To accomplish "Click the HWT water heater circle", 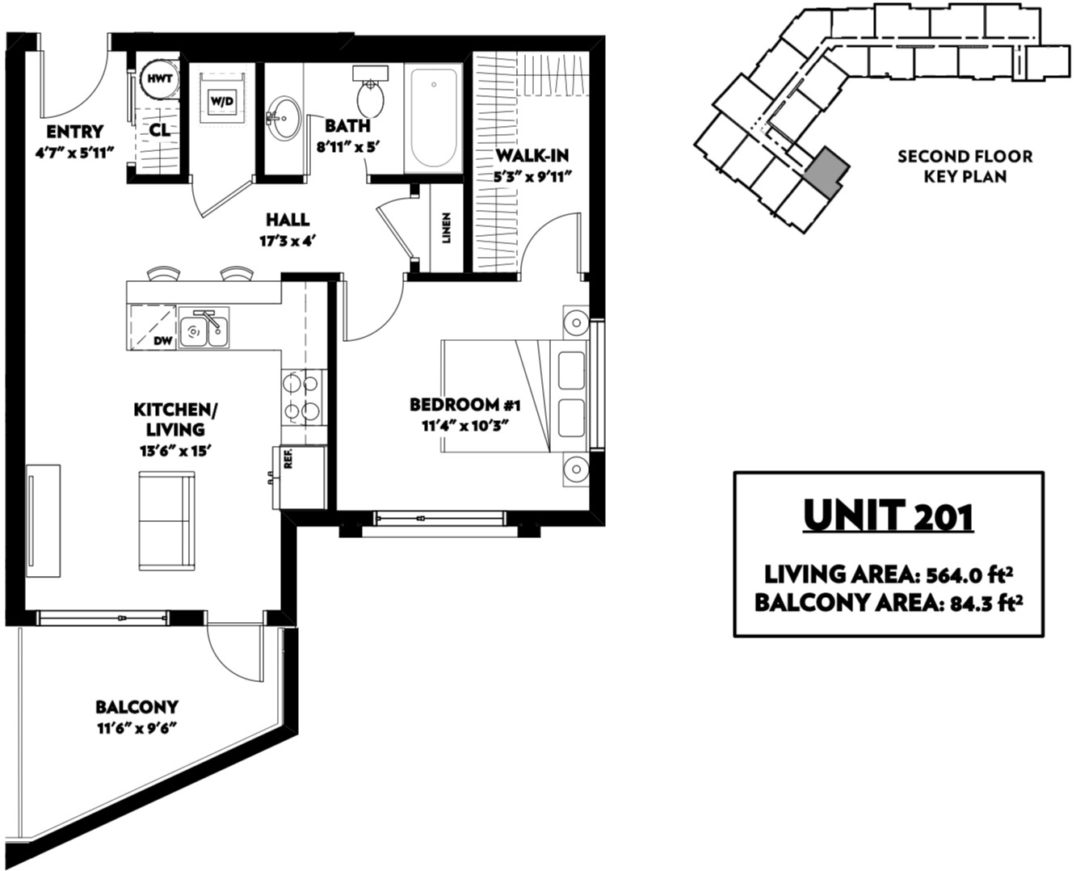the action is tap(160, 79).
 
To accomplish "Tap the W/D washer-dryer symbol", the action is tap(223, 99).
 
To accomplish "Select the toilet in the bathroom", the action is tap(372, 92).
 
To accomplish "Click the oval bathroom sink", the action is tap(284, 117).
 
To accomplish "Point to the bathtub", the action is tap(434, 118).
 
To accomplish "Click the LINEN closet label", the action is tap(447, 228).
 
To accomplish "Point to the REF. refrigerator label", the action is tap(288, 459).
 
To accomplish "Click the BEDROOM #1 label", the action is tap(464, 405).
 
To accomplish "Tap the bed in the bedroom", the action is tap(515, 396).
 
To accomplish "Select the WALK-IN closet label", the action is tap(532, 155).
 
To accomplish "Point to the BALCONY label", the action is tap(137, 706).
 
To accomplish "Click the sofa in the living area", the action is tap(166, 521).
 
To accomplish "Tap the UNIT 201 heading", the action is tap(888, 515).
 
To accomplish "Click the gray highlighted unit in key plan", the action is tap(826, 173).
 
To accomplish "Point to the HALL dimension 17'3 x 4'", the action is tap(288, 242).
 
